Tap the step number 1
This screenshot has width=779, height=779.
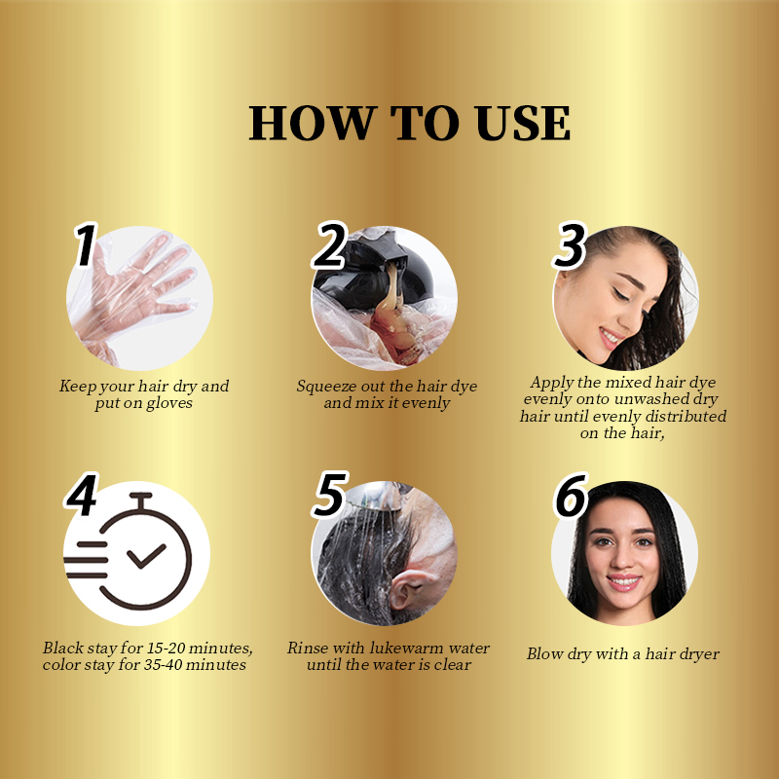[87, 245]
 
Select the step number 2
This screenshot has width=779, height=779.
[331, 245]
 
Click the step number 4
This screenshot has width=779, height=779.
[82, 497]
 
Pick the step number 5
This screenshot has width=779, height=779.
[329, 497]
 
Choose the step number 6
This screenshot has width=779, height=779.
[572, 497]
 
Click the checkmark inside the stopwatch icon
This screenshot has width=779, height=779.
[147, 556]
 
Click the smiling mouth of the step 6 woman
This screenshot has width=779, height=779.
[623, 581]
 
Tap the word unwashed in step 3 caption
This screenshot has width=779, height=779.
[674, 400]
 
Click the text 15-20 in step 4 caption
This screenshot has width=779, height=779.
[165, 649]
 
